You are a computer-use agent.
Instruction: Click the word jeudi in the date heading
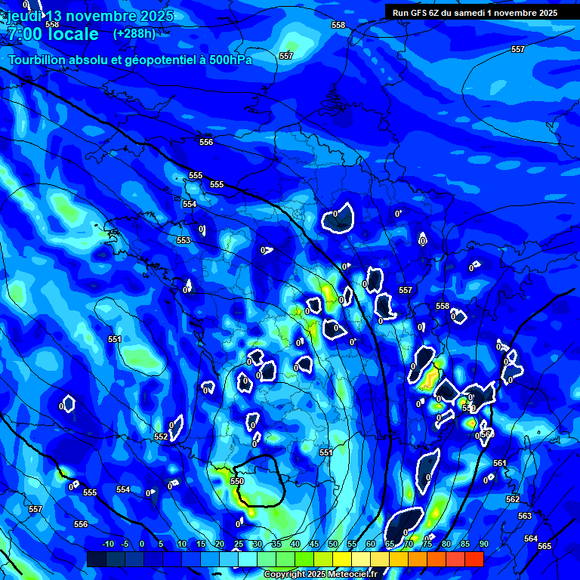(x=24, y=17)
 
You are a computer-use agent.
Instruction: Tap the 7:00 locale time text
(x=53, y=34)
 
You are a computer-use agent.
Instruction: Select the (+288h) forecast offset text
(x=134, y=33)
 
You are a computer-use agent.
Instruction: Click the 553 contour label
(x=184, y=240)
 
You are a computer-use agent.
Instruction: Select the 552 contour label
(x=161, y=437)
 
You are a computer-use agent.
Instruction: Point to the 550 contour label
(x=237, y=481)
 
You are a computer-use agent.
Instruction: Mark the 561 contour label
(x=500, y=463)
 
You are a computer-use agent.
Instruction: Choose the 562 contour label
(x=513, y=499)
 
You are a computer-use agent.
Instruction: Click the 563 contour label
(x=525, y=516)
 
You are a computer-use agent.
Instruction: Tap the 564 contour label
(x=531, y=538)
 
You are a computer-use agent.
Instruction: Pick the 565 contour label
(x=545, y=546)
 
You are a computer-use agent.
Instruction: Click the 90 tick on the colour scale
(x=483, y=545)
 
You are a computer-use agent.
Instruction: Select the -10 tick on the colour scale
(x=107, y=545)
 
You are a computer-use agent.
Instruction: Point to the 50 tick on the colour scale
(x=333, y=545)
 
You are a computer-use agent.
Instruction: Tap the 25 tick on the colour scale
(x=239, y=545)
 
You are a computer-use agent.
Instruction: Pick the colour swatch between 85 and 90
(x=474, y=559)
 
